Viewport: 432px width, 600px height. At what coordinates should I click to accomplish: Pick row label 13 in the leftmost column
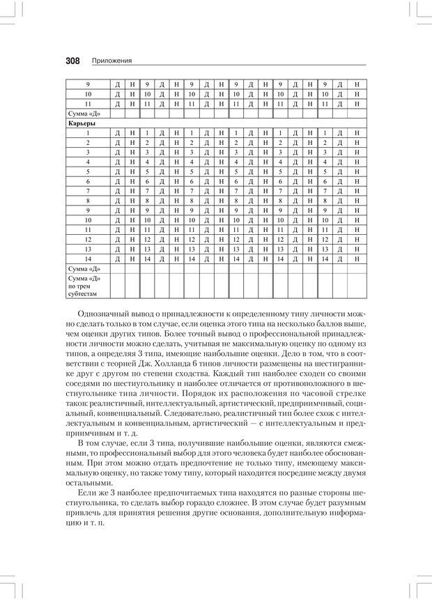[88, 248]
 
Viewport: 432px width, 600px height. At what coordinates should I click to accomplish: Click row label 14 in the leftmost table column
[88, 258]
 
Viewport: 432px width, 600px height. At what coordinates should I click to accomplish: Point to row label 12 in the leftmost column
[88, 238]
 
